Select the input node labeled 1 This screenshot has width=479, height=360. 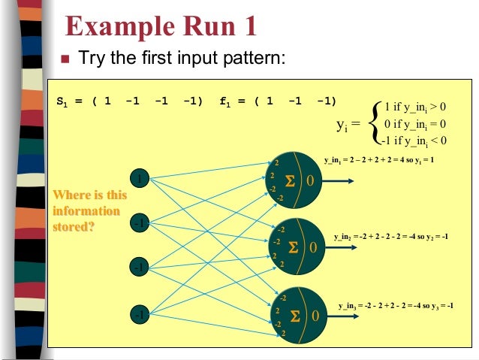pos(139,178)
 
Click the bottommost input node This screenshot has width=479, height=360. pos(139,313)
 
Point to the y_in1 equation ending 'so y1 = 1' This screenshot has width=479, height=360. pos(379,160)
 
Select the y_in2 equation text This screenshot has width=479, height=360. pos(390,236)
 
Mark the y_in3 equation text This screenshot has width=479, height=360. pos(396,306)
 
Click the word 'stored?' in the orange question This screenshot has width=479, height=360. pos(73,223)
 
